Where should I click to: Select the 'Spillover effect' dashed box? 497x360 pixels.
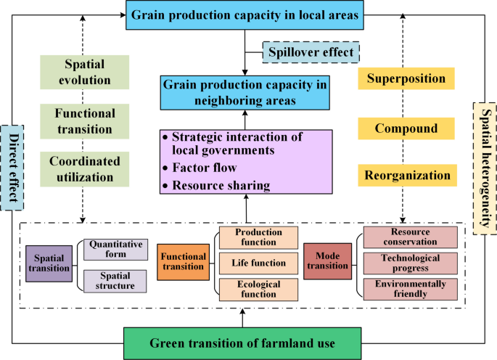coord(312,52)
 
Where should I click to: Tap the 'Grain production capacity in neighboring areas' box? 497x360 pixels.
coord(244,92)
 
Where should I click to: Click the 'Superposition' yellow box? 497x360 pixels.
coord(406,78)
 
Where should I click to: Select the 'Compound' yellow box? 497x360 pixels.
coord(406,128)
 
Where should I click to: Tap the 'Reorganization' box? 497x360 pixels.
coord(406,175)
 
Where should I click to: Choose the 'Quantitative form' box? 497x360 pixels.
coord(116,250)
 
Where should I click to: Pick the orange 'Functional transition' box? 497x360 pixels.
coord(183,261)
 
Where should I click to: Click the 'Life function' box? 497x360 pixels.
coord(258,263)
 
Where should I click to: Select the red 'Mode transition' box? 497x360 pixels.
coord(327,261)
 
